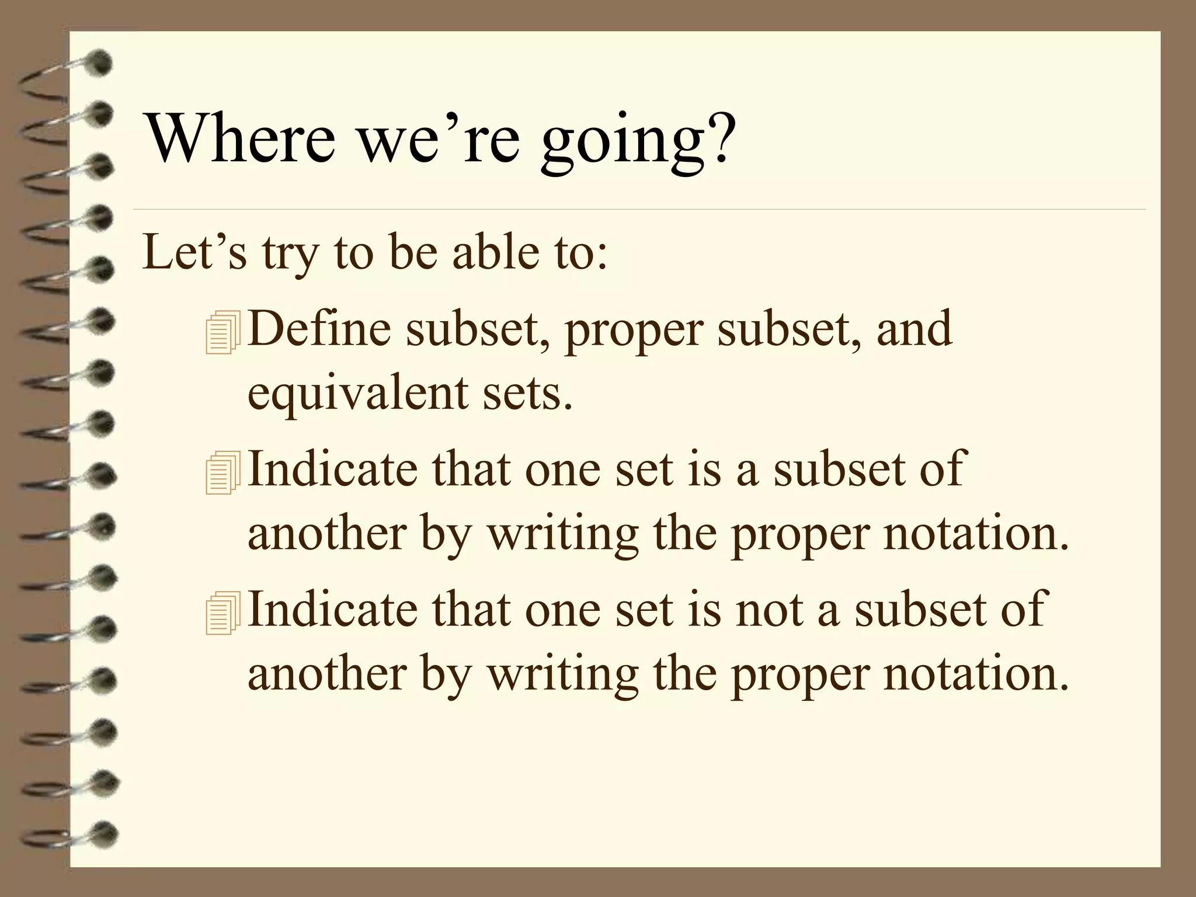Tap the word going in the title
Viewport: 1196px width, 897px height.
pos(621,142)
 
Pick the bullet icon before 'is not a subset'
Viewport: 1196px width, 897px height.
pos(222,613)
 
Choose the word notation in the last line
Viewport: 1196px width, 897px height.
pos(975,673)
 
